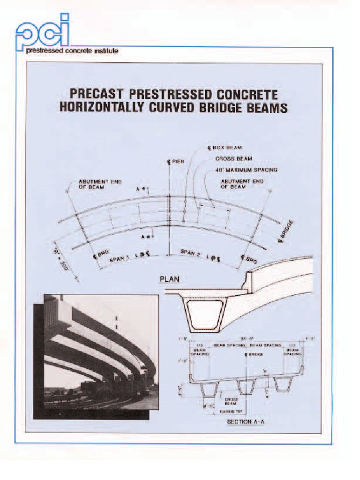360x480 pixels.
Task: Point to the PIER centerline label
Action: [176, 162]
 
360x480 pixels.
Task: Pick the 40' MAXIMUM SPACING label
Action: [247, 170]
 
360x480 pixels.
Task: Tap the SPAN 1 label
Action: [119, 257]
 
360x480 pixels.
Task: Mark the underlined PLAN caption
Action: [170, 279]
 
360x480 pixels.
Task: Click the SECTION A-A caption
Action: [246, 422]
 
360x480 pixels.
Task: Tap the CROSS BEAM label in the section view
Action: [230, 401]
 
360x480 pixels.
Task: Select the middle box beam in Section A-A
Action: [246, 385]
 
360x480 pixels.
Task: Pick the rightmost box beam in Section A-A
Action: [283, 383]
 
